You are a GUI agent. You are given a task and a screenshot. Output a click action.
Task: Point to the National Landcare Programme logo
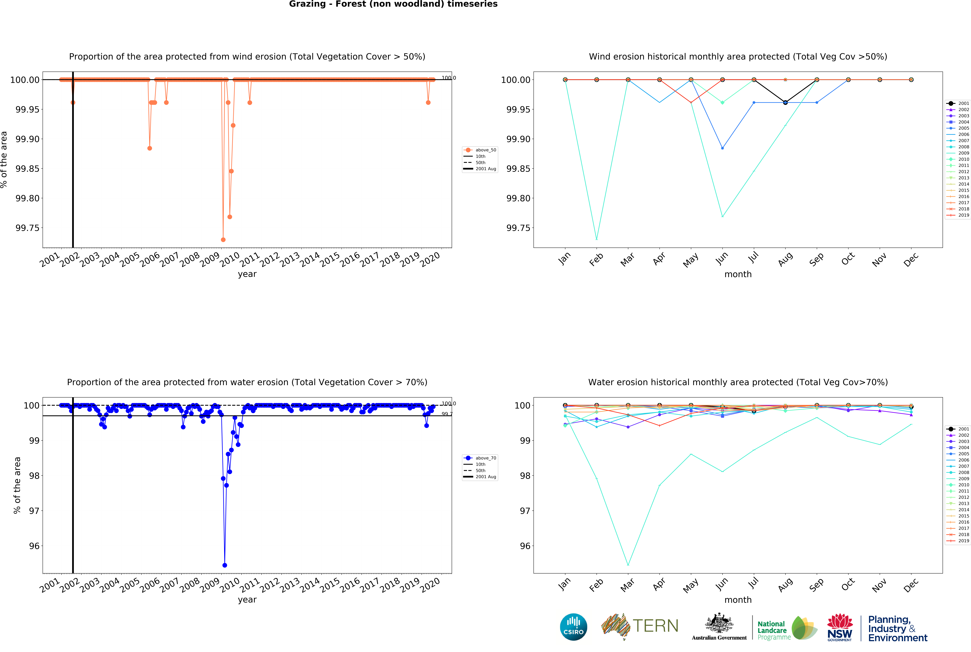click(x=786, y=628)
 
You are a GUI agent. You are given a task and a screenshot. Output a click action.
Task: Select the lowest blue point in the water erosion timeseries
click(x=225, y=565)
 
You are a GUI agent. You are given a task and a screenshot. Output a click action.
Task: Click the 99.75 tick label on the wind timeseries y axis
click(x=27, y=228)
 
